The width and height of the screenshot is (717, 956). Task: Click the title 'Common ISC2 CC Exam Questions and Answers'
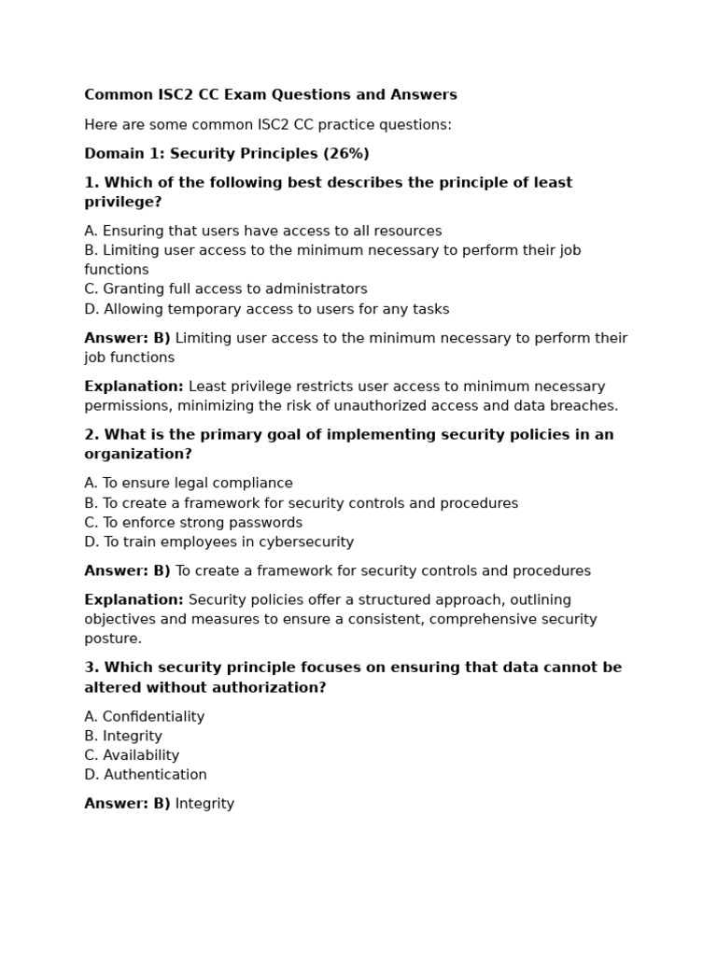(x=271, y=95)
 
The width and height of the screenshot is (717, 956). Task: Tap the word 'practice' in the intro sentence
(x=332, y=125)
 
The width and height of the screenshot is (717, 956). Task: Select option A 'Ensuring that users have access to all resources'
(x=263, y=232)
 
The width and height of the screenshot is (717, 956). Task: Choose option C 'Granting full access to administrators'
(x=226, y=289)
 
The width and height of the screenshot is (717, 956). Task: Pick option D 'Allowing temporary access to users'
(x=267, y=309)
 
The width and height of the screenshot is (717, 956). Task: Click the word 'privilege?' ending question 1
(x=123, y=203)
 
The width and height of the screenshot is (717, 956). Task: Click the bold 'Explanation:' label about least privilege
(x=134, y=387)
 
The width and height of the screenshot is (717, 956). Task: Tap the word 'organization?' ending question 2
(x=138, y=455)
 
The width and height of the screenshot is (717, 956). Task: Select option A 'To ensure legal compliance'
(x=189, y=484)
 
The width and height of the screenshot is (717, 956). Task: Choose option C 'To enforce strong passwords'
(x=193, y=523)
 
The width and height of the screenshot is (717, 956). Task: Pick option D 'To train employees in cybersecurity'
(x=219, y=542)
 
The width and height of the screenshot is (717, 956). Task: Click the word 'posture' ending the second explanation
(x=111, y=640)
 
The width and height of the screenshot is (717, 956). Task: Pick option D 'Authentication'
(x=146, y=775)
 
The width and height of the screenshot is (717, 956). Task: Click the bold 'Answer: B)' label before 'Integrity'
(x=127, y=804)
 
